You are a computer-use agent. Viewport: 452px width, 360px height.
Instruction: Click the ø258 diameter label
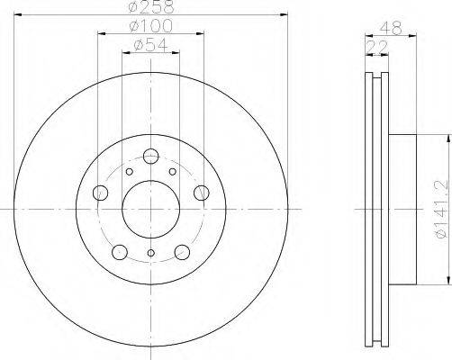pyautogui.click(x=151, y=6)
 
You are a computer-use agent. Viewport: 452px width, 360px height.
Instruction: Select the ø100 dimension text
pyautogui.click(x=151, y=26)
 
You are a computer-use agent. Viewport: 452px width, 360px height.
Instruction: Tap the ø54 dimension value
pyautogui.click(x=151, y=45)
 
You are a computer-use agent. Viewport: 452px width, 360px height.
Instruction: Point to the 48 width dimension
pyautogui.click(x=391, y=29)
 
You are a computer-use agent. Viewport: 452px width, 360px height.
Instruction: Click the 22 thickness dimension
pyautogui.click(x=377, y=47)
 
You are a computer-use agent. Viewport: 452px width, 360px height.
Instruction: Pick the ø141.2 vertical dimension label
pyautogui.click(x=442, y=209)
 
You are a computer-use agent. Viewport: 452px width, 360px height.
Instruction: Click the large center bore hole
pyautogui.click(x=151, y=210)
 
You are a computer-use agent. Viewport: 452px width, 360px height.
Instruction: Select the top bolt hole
pyautogui.click(x=150, y=156)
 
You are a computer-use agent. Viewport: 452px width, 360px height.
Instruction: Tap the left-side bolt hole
pyautogui.click(x=100, y=193)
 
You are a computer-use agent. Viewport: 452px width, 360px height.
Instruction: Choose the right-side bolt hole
pyautogui.click(x=202, y=193)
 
